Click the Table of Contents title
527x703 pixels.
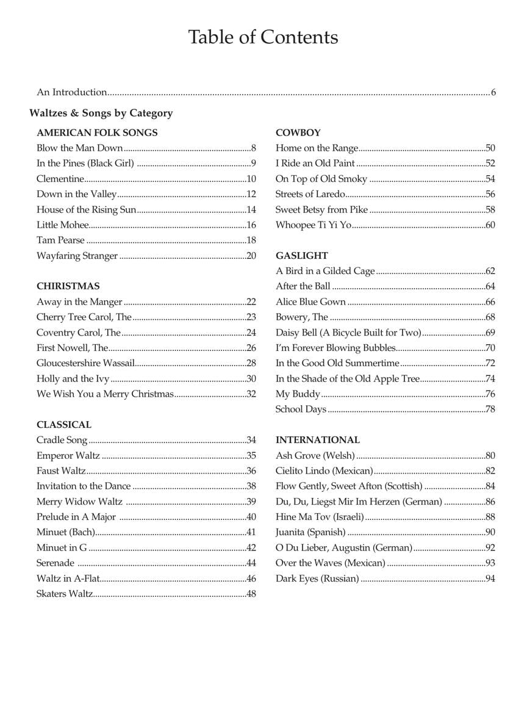263,37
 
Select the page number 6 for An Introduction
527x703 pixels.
493,93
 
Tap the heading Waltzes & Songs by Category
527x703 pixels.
101,113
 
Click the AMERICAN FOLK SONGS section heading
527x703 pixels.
97,132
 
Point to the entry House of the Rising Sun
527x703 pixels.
86,209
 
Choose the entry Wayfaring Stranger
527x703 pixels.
77,256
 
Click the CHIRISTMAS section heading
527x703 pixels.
68,286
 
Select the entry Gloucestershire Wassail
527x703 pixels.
85,363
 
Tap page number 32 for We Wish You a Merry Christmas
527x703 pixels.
251,394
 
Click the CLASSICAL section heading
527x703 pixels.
63,425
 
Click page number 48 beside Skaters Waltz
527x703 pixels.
251,594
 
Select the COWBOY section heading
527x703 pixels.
298,132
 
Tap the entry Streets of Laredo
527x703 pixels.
310,194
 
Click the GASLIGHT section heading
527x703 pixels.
301,256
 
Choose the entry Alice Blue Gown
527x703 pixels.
310,302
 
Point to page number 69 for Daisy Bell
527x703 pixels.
490,333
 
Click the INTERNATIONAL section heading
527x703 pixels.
317,440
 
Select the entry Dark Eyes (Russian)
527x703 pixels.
317,579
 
